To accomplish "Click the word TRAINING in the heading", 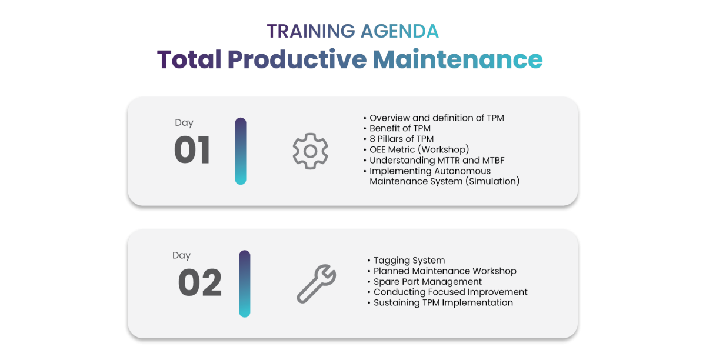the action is [311, 31].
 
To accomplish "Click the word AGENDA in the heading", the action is [399, 31].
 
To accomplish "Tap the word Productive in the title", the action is [297, 59].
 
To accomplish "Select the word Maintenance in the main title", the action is [458, 59].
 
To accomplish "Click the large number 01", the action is [192, 150].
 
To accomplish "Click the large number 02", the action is [200, 282].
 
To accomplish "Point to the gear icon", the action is [311, 151].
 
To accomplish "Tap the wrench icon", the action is [317, 284].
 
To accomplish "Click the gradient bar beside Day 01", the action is [241, 151].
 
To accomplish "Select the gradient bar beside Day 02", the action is [245, 284].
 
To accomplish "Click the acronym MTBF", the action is [493, 160].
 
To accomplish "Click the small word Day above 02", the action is [182, 255].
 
